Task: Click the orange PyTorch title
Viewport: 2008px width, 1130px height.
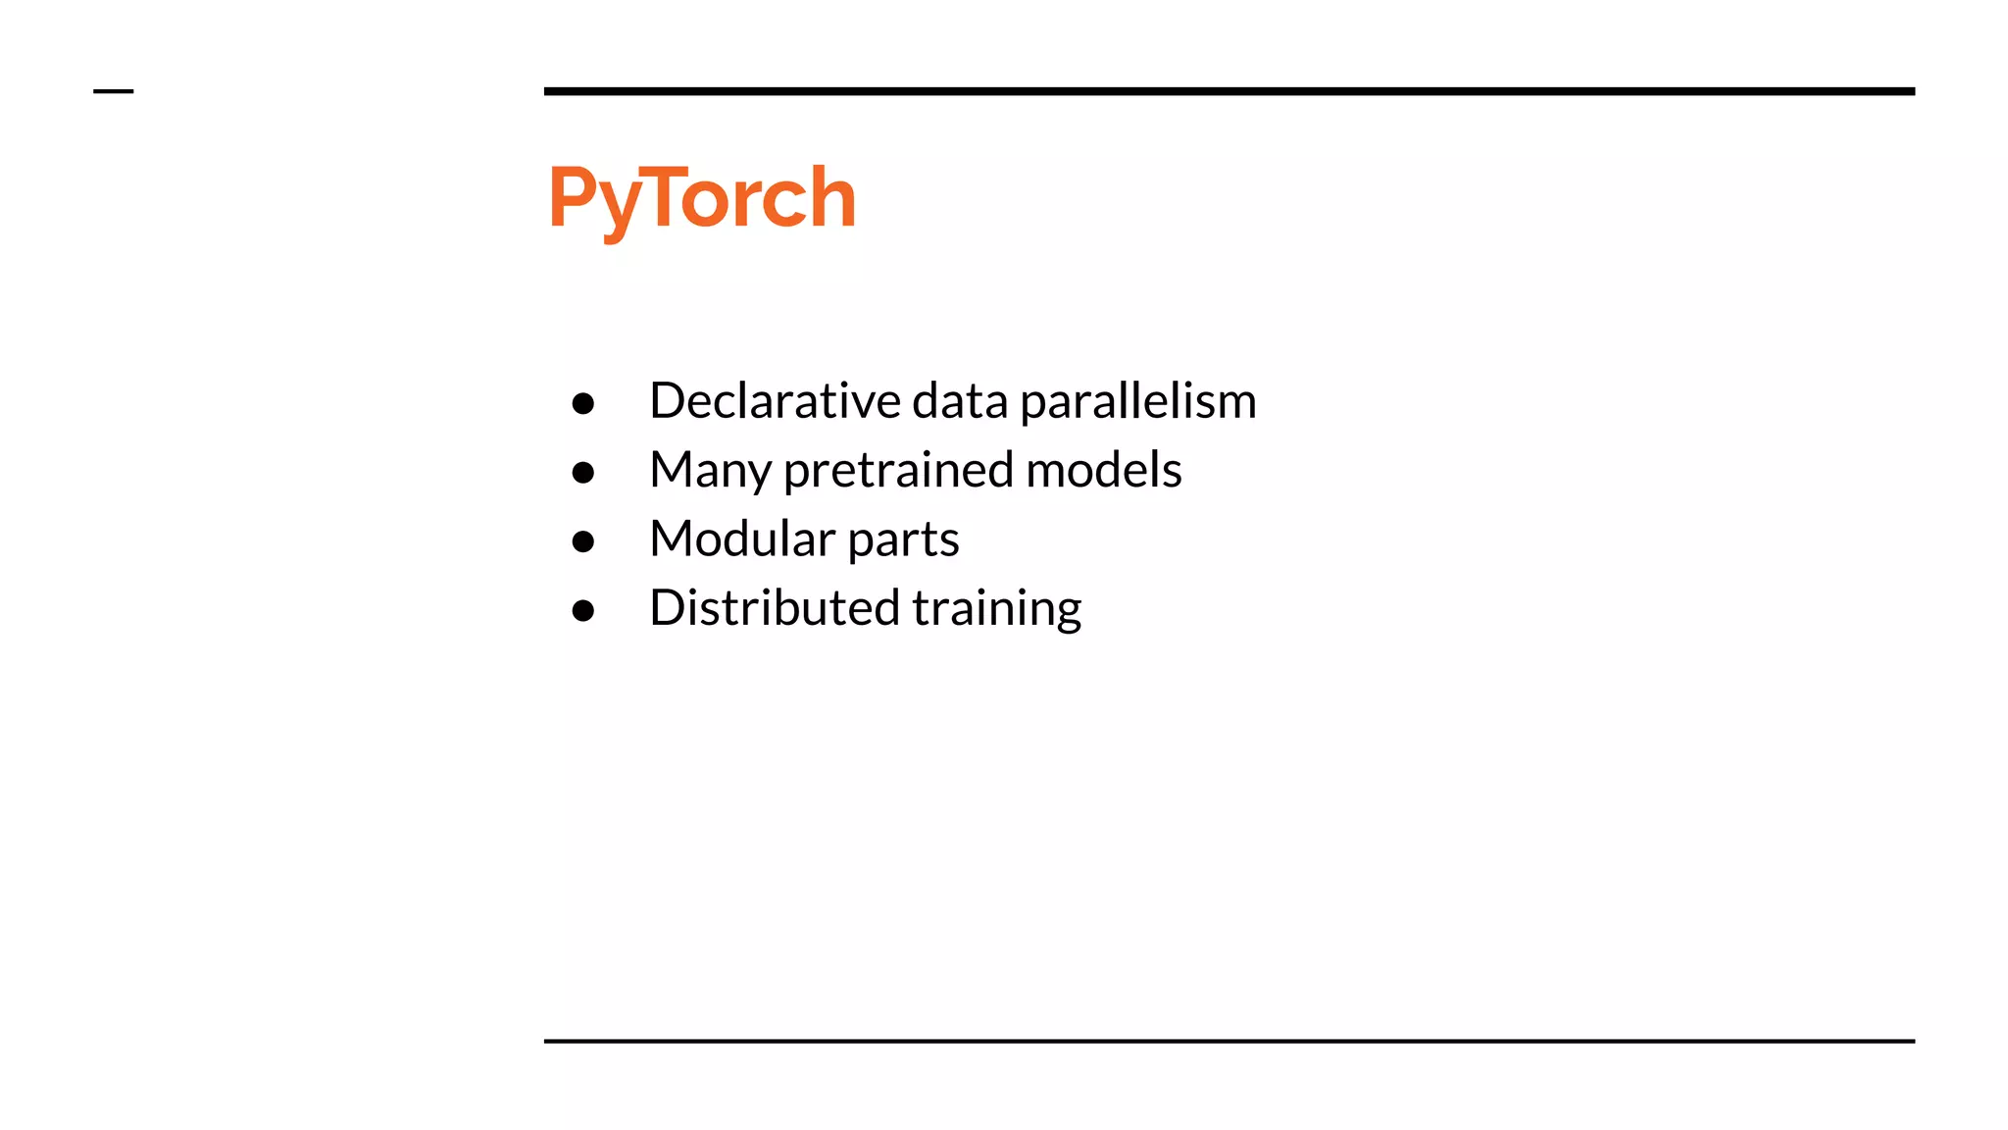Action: point(702,198)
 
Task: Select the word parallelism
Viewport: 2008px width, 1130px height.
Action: point(1137,402)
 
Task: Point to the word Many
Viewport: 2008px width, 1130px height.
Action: point(710,471)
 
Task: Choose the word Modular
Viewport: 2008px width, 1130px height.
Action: point(742,539)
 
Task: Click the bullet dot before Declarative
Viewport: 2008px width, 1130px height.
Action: point(583,403)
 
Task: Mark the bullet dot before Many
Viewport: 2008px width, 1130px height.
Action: point(583,473)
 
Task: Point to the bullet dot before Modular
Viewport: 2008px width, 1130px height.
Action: point(583,541)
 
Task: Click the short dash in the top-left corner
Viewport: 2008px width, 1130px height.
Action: point(113,91)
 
